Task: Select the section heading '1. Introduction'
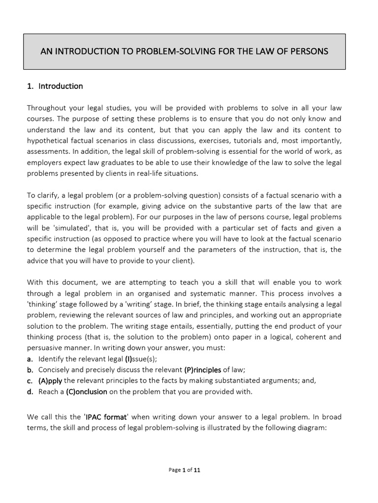pyautogui.click(x=55, y=86)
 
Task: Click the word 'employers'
pyautogui.click(x=44, y=162)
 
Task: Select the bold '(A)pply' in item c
pyautogui.click(x=50, y=381)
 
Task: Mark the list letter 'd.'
pyautogui.click(x=31, y=391)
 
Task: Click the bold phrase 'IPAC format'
pyautogui.click(x=106, y=417)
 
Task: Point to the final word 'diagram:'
pyautogui.click(x=326, y=428)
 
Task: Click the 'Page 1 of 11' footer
pyautogui.click(x=184, y=470)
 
